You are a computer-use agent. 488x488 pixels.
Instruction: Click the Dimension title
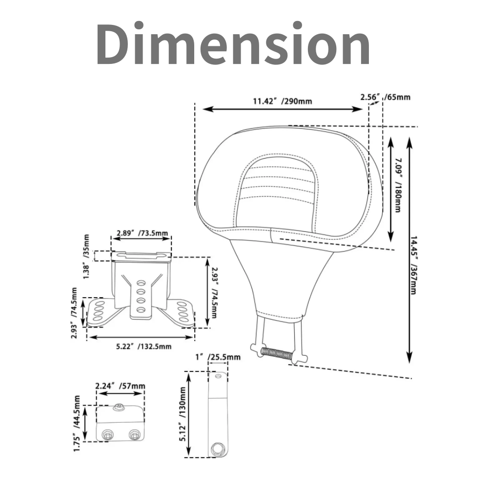click(233, 43)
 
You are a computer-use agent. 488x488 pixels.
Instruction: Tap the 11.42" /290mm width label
click(282, 101)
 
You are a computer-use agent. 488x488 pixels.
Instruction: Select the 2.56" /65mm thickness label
click(386, 97)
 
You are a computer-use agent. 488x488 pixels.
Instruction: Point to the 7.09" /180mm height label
click(397, 185)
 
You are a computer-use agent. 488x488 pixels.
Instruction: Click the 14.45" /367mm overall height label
click(413, 265)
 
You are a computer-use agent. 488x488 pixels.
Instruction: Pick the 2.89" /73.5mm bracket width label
click(142, 233)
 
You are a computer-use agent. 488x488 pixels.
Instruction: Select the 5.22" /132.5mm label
click(144, 346)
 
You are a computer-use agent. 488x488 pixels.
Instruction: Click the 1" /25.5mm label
click(218, 357)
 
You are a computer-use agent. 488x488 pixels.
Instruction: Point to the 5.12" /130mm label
click(183, 414)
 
